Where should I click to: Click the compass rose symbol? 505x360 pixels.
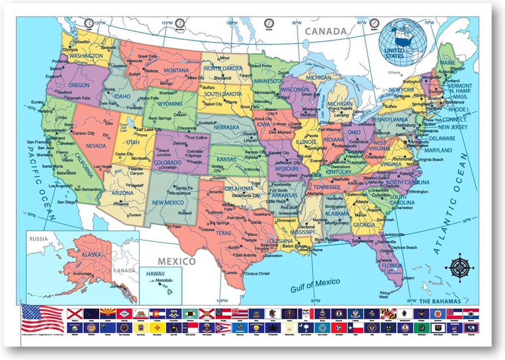click(460, 267)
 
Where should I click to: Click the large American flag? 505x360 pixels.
click(42, 318)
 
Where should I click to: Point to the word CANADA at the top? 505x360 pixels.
click(326, 31)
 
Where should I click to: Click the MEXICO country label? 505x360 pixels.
click(176, 262)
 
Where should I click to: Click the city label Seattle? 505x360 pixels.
click(82, 42)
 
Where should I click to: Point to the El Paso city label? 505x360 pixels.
click(175, 227)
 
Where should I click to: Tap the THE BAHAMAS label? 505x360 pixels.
click(440, 302)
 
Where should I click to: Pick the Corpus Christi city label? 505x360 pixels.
click(257, 273)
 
